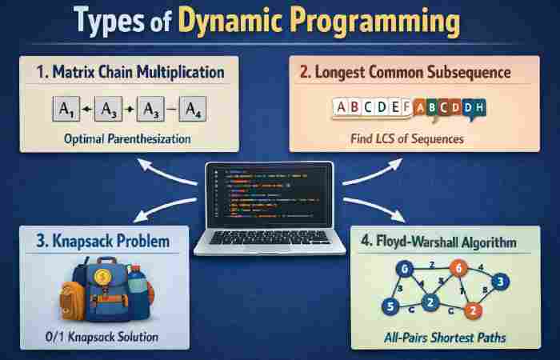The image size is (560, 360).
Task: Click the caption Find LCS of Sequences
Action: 418,138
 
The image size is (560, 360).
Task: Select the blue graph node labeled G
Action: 406,268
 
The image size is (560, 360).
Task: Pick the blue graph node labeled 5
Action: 390,305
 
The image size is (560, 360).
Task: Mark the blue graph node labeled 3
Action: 499,282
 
